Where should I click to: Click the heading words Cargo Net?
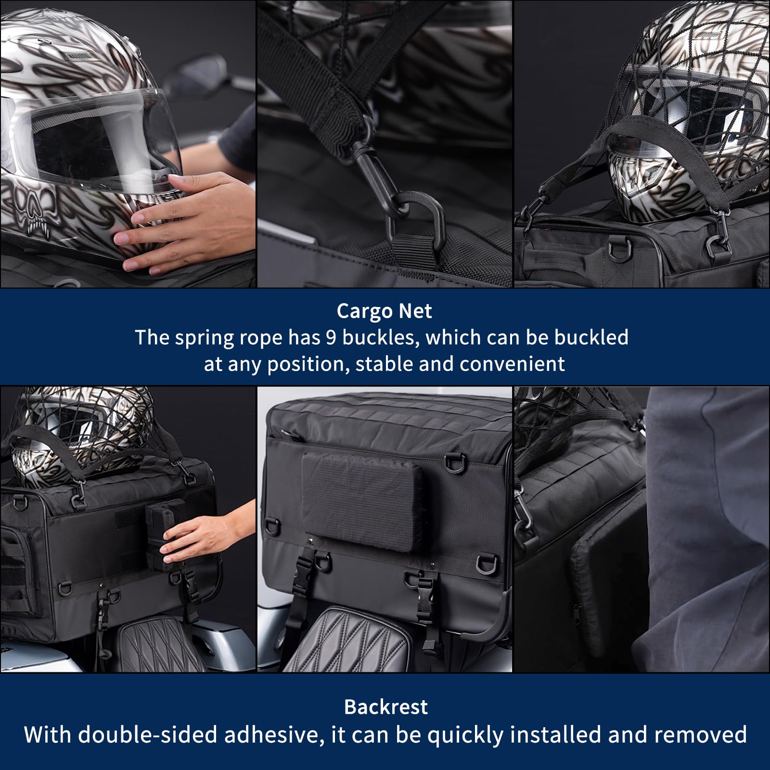tap(384, 311)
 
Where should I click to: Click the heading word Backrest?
tap(386, 707)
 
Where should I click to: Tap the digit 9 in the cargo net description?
tap(331, 338)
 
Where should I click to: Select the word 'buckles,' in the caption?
tap(378, 338)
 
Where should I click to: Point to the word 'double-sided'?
tap(148, 735)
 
